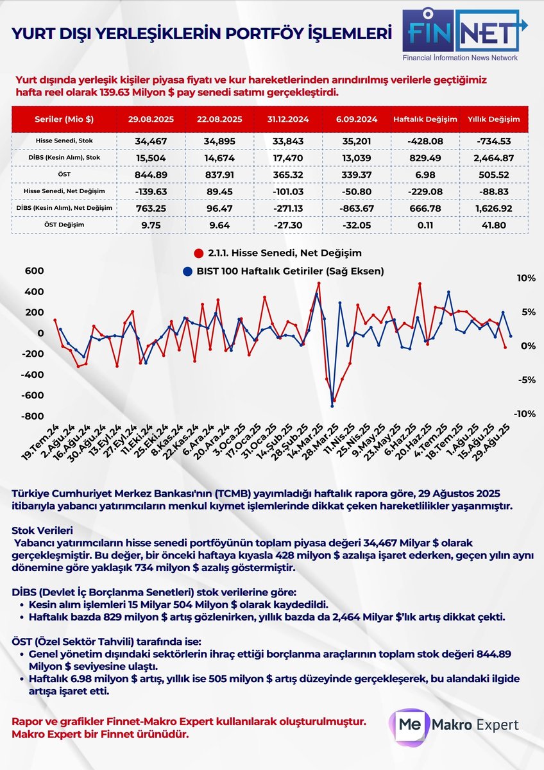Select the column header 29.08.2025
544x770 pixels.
[151, 119]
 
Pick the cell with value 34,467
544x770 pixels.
[151, 140]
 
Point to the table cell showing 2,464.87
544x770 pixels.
[494, 157]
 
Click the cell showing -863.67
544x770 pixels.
[357, 207]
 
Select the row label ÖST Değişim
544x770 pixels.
[63, 224]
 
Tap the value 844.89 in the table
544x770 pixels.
[151, 173]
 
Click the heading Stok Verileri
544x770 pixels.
[42, 530]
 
